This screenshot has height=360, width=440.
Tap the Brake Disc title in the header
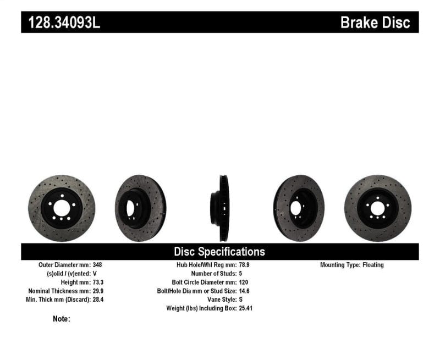point(375,23)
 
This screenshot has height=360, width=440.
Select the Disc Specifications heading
point(219,252)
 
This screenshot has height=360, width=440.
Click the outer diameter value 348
point(98,265)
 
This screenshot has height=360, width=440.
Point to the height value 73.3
point(99,282)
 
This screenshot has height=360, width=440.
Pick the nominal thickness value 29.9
point(99,291)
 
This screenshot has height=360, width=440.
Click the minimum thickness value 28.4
point(99,300)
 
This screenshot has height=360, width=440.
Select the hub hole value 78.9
point(244,265)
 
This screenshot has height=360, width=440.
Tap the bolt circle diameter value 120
point(243,282)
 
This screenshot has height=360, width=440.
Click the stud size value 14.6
point(244,291)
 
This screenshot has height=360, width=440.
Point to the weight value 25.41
point(246,308)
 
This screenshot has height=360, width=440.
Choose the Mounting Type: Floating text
point(352,265)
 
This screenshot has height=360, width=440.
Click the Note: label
point(62,319)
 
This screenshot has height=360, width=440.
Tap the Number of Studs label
point(213,273)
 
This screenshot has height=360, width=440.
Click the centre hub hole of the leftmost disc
point(62,208)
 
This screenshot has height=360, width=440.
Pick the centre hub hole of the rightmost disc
point(377,208)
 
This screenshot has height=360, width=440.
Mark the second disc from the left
point(140,208)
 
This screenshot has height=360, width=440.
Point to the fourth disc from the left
point(299,208)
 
